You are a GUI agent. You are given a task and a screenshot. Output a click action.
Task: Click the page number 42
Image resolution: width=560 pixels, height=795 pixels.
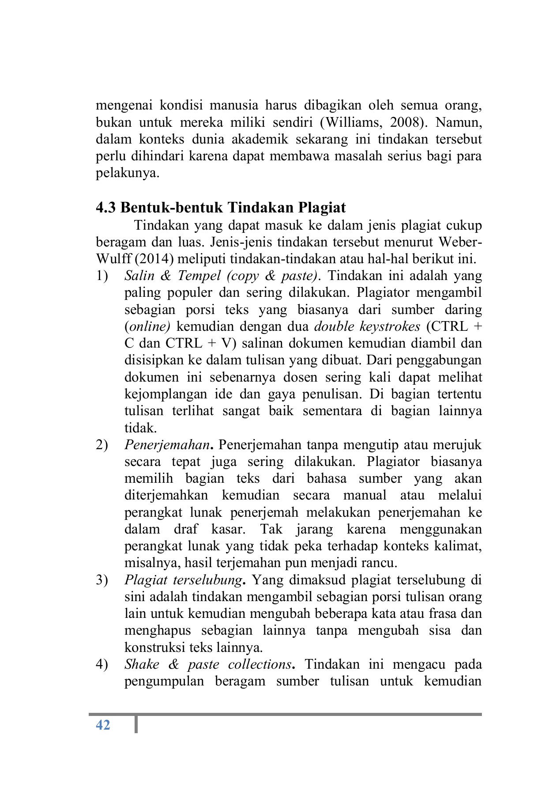click(x=103, y=725)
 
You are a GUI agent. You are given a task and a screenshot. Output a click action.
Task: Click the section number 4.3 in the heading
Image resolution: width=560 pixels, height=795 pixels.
click(x=106, y=207)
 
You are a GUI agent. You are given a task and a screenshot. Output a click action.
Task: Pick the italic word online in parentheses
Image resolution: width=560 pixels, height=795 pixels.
click(x=149, y=327)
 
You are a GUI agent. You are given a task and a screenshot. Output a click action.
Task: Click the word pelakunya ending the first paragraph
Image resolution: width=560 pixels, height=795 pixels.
click(x=127, y=173)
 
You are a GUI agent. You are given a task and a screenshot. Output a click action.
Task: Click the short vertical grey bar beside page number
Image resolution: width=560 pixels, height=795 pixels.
click(x=136, y=725)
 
